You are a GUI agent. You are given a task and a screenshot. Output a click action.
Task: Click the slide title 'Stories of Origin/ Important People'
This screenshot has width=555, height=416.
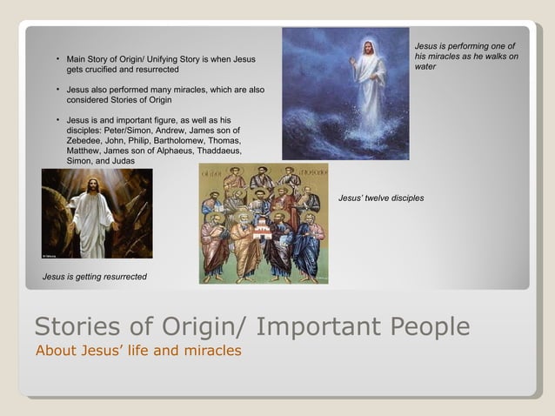[252, 327]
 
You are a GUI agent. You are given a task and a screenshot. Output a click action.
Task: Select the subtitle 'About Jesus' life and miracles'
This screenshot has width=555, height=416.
[137, 351]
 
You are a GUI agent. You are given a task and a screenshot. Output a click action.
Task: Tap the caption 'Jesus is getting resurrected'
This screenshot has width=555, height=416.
[95, 277]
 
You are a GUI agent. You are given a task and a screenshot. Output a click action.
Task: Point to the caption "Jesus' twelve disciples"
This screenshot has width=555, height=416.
[381, 198]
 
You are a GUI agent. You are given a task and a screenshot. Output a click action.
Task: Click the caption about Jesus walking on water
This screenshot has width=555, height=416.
[466, 56]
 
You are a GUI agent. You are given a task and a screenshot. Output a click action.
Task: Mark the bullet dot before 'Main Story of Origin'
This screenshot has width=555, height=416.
[57, 59]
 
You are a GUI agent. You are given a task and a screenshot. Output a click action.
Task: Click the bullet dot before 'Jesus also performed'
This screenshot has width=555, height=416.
[57, 90]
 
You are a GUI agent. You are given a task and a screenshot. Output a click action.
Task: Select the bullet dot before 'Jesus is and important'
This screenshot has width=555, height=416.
[57, 119]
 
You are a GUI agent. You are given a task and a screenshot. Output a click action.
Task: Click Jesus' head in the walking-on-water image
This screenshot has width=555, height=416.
[369, 47]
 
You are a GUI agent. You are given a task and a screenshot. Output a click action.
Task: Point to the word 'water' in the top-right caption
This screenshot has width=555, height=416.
[425, 66]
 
